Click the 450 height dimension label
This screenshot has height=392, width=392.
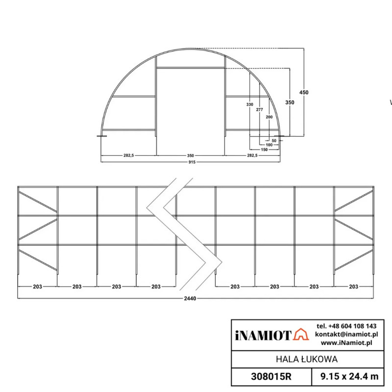tap(304, 92)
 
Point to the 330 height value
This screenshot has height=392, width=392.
tap(250, 105)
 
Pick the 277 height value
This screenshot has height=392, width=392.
tap(260, 110)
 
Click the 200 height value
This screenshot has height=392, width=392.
tap(269, 118)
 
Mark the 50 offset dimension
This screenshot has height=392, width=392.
tap(274, 141)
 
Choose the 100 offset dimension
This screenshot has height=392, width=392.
tap(269, 145)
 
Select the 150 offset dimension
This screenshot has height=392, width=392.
tap(264, 149)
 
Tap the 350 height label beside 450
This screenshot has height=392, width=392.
tap(290, 102)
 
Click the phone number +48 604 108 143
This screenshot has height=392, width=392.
tap(346, 326)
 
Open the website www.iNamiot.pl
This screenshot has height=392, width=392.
tap(346, 343)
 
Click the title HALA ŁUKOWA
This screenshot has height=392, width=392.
tap(307, 359)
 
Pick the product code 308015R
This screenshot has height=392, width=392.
tap(271, 376)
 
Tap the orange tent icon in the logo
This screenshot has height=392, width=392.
tap(300, 335)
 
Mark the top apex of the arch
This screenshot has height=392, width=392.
tap(190, 48)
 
